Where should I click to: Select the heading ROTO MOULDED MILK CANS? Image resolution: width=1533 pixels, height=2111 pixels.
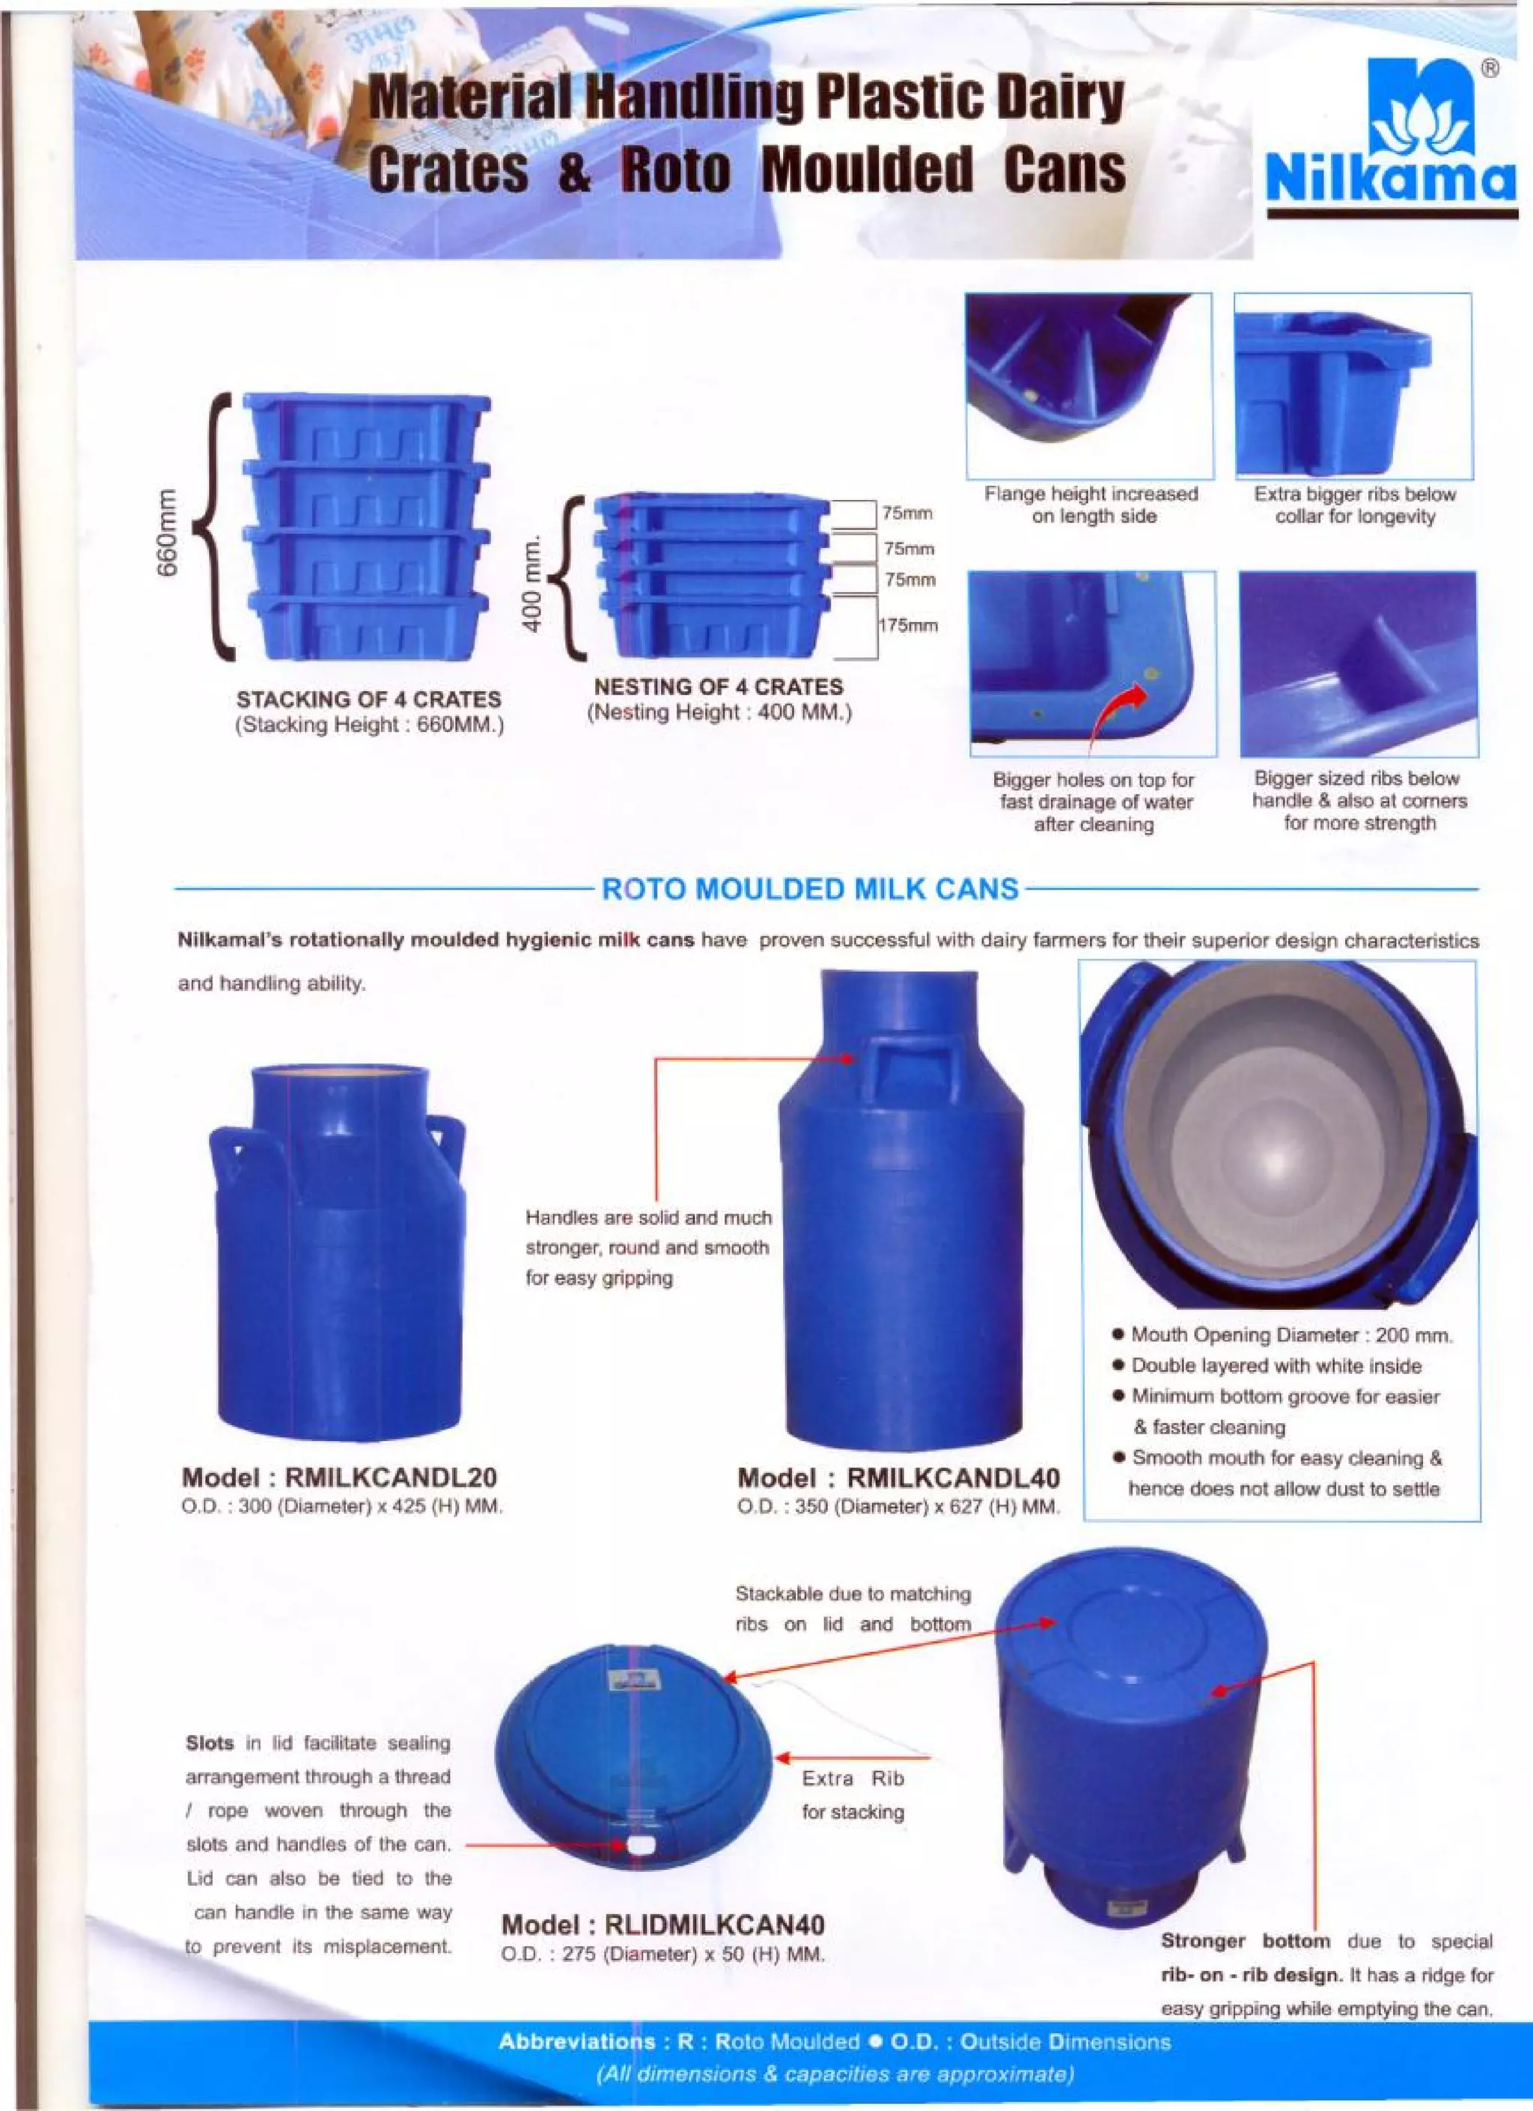pos(810,889)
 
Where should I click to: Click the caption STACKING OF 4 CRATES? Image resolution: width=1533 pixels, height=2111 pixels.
pos(368,699)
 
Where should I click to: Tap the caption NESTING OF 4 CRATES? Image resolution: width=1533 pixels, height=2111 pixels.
pos(719,687)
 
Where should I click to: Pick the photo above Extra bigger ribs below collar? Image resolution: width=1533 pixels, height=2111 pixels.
pos(1353,386)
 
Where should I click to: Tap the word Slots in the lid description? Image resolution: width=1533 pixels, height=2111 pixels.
pos(210,1743)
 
